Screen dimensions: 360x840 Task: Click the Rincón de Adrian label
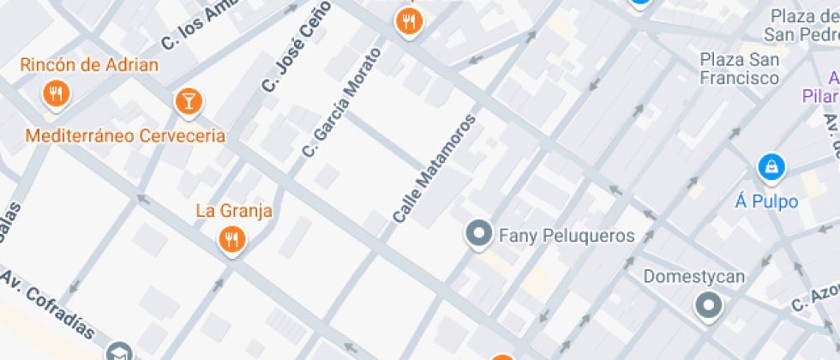(x=89, y=65)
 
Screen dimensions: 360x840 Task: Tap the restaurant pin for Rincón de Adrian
(x=57, y=94)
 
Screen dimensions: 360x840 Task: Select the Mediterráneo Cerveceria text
(x=125, y=135)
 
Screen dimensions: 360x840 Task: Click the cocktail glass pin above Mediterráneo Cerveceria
(x=186, y=102)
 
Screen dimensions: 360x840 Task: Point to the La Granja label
(x=234, y=211)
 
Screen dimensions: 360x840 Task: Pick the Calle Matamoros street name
(x=435, y=168)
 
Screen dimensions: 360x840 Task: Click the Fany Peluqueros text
(x=567, y=236)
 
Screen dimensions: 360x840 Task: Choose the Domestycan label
(x=694, y=277)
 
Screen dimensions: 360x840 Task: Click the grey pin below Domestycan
(x=708, y=304)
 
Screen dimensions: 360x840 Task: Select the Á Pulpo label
(x=767, y=201)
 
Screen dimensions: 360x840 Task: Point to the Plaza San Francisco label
(x=740, y=69)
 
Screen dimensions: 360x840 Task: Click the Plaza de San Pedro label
(x=804, y=26)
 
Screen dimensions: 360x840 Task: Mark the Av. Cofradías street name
(x=48, y=305)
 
